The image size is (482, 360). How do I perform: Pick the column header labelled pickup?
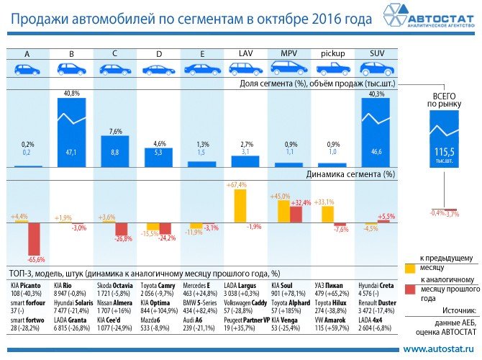click(332, 54)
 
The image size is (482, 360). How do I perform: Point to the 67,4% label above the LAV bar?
click(237, 186)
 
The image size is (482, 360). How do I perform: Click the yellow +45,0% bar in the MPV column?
click(283, 211)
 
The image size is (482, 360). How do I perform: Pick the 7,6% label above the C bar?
click(115, 131)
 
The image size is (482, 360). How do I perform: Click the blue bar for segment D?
click(158, 158)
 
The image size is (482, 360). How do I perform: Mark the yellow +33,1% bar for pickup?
click(327, 214)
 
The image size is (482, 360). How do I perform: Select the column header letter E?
click(202, 54)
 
